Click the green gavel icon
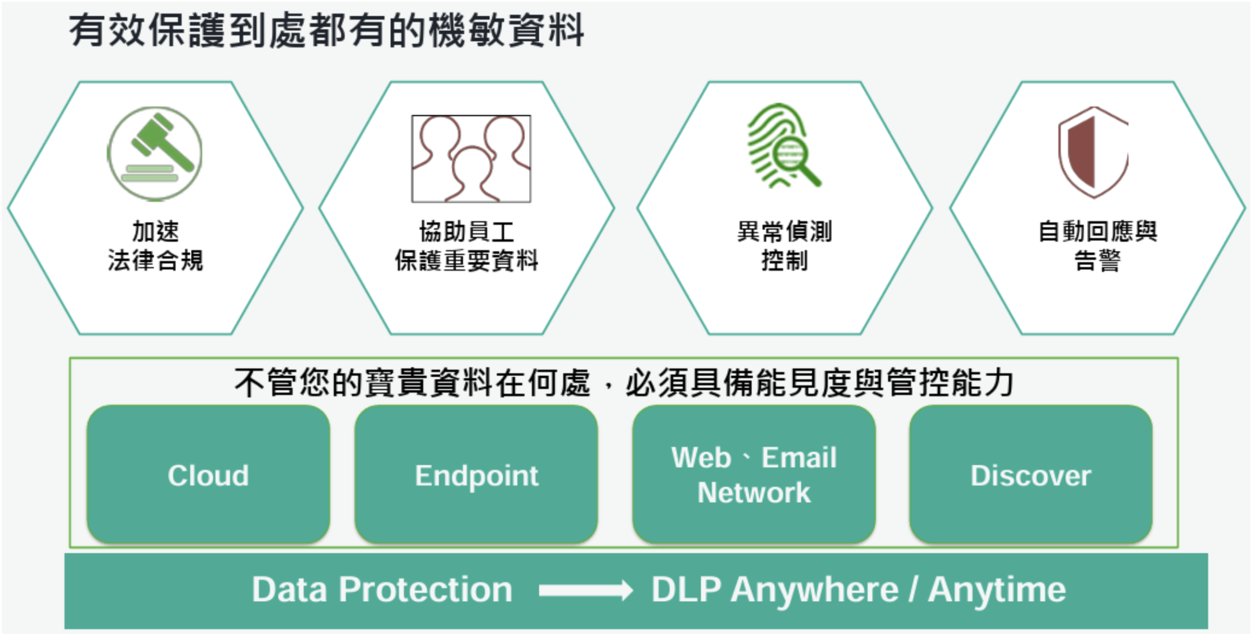pyautogui.click(x=155, y=153)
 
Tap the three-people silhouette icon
pyautogui.click(x=471, y=159)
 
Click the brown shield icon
pyautogui.click(x=1093, y=152)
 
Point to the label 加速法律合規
pyautogui.click(x=155, y=246)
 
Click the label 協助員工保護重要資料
pyautogui.click(x=466, y=246)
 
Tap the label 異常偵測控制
pyautogui.click(x=784, y=246)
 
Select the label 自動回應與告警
pyautogui.click(x=1097, y=246)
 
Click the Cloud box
pyautogui.click(x=208, y=475)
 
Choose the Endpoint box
pyautogui.click(x=476, y=475)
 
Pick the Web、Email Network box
pyautogui.click(x=754, y=475)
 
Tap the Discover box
pyautogui.click(x=1031, y=475)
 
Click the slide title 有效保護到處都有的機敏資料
pyautogui.click(x=326, y=30)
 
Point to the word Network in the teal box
pyautogui.click(x=754, y=493)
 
